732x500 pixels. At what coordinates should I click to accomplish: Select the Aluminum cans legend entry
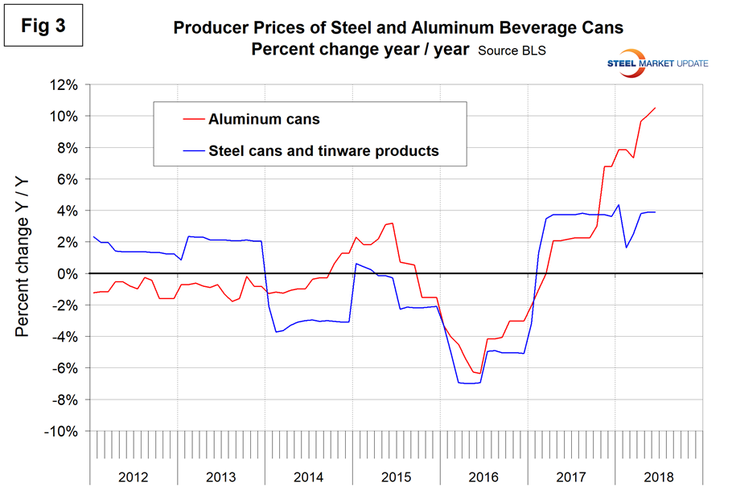click(x=264, y=120)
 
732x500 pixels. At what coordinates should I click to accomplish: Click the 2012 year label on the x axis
click(x=133, y=477)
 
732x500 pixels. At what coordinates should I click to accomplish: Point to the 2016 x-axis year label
click(x=483, y=477)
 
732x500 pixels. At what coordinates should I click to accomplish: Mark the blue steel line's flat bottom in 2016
click(x=469, y=383)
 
